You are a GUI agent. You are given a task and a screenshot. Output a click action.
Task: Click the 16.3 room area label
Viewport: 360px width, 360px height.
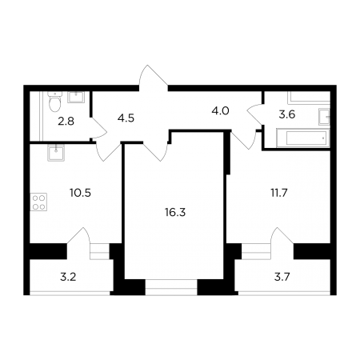(175, 213)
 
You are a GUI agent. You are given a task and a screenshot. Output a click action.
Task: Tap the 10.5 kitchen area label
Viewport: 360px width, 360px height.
(80, 193)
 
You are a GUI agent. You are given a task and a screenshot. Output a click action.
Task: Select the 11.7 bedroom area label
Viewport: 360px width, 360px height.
(279, 193)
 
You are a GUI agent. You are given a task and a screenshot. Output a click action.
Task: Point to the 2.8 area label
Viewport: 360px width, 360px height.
(66, 122)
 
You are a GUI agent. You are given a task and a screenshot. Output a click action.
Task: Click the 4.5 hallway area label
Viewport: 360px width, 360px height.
(126, 118)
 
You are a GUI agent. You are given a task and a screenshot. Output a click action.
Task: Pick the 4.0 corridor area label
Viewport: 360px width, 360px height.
(220, 110)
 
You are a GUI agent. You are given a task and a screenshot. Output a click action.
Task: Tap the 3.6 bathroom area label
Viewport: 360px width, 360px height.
(287, 114)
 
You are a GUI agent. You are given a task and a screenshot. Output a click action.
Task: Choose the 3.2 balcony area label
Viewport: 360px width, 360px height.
(68, 277)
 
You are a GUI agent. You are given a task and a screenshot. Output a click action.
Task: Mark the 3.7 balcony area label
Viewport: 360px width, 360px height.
(282, 277)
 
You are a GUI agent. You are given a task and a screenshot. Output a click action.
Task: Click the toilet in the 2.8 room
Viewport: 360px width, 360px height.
(54, 102)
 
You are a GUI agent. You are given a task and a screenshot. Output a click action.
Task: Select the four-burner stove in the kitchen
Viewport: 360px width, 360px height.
(38, 202)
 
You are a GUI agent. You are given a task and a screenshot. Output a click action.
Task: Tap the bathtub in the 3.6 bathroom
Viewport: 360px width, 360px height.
(303, 138)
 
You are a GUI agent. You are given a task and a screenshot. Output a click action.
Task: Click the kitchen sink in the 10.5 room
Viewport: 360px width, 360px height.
(56, 153)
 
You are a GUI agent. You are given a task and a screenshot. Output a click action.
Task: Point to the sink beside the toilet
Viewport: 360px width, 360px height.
(76, 97)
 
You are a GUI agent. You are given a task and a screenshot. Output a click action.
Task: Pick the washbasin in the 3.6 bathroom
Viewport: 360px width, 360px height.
(324, 117)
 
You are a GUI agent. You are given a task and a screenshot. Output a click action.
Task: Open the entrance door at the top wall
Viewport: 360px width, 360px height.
(153, 78)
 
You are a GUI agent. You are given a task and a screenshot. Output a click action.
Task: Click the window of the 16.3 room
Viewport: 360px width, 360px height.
(171, 287)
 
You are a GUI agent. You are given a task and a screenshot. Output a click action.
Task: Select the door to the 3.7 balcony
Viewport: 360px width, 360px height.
(282, 236)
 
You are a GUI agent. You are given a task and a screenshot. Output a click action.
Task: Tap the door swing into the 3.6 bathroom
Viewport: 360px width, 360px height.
(255, 114)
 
